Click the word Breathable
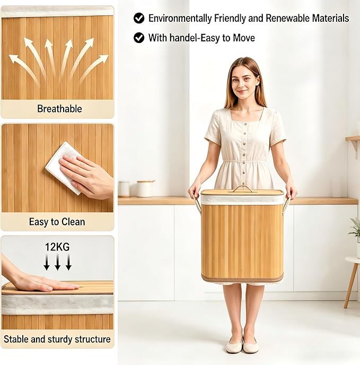(59, 109)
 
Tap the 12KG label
(57, 247)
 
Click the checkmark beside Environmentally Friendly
(139, 18)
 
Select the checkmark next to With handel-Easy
(139, 38)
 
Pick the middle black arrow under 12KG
(57, 262)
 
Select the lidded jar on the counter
(145, 188)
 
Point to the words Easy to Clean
(57, 222)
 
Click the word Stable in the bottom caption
(16, 339)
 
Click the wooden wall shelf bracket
(355, 145)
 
